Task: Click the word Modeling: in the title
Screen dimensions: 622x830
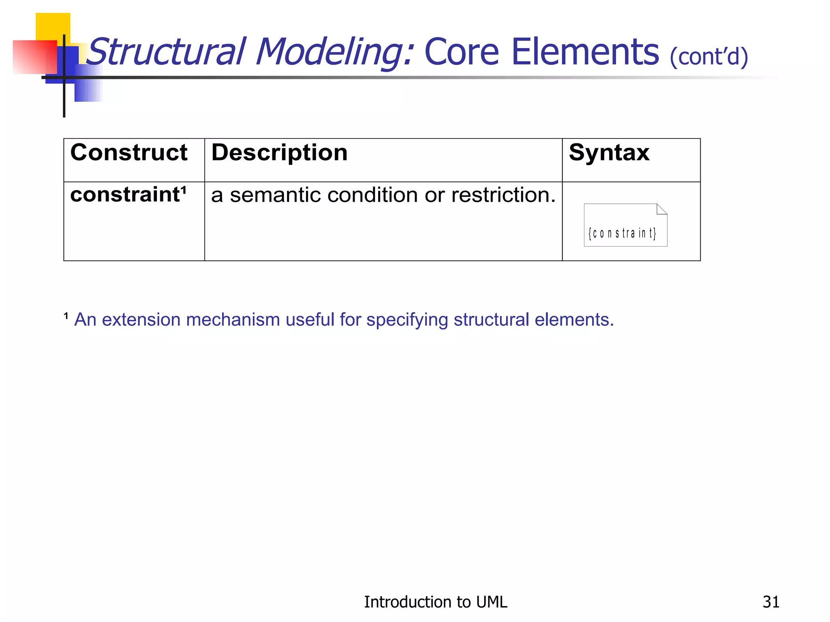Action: (x=334, y=53)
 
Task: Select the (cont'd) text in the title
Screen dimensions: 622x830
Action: (x=708, y=57)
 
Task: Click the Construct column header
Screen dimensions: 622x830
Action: (x=129, y=153)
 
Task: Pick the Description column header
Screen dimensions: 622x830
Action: (x=279, y=153)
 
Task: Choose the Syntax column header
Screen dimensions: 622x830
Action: (x=609, y=153)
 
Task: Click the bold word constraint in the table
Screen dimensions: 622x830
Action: (x=125, y=195)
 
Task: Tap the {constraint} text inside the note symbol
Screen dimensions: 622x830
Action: (x=622, y=233)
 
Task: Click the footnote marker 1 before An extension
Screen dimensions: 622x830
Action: (x=66, y=316)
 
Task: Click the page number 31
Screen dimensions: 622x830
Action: (x=771, y=602)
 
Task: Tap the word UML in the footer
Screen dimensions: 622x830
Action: (x=492, y=602)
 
